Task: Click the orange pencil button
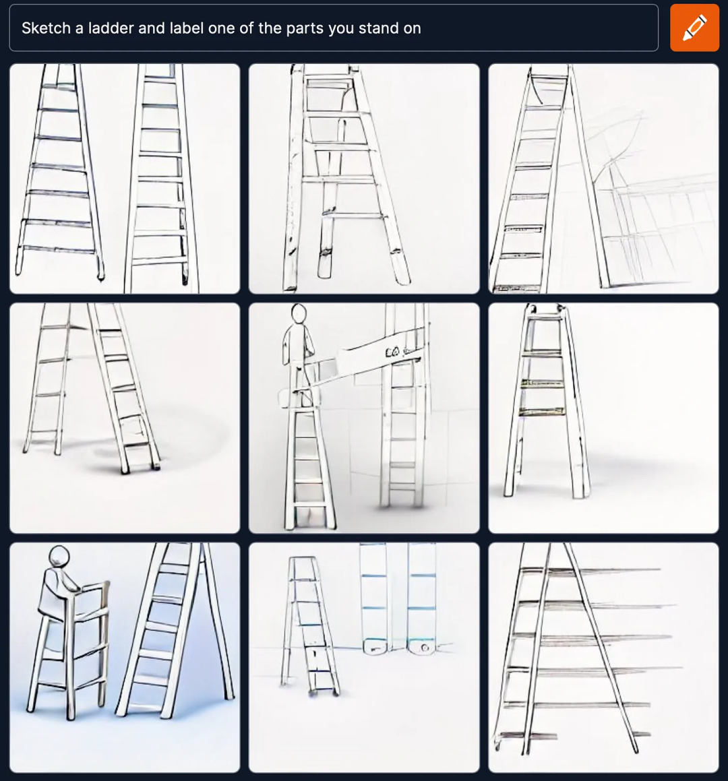[x=694, y=28]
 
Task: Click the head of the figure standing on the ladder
[x=299, y=313]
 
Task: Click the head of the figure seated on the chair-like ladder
[x=59, y=556]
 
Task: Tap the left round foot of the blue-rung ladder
[x=374, y=648]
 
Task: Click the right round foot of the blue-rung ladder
[x=421, y=648]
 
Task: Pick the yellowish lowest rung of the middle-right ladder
[x=542, y=412]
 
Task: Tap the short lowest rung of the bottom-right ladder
[x=528, y=735]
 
